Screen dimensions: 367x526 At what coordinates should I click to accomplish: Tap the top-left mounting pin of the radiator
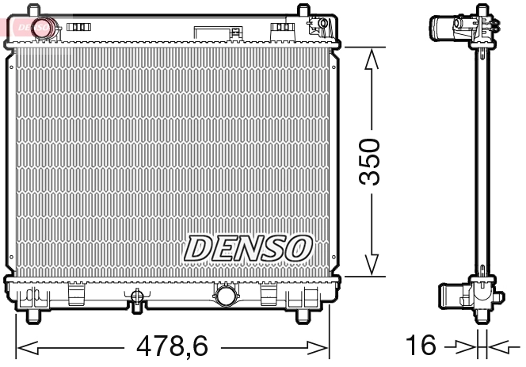(x=33, y=11)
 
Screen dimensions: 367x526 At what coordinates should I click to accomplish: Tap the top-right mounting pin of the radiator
(x=303, y=11)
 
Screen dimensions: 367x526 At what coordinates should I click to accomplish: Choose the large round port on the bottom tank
(x=225, y=297)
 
